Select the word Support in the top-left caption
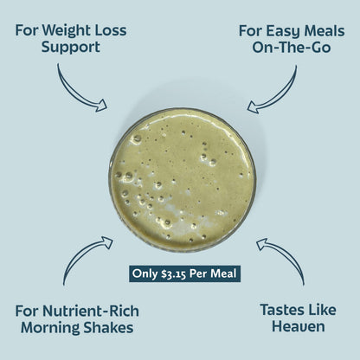(x=70, y=48)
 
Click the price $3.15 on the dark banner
(x=174, y=274)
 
